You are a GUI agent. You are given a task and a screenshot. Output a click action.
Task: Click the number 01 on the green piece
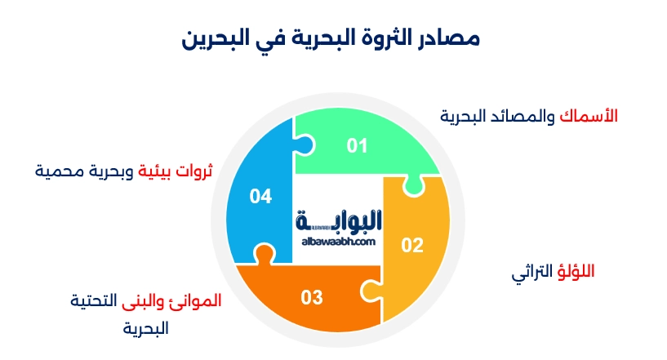357,146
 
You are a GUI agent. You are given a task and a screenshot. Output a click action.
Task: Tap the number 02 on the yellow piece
412,245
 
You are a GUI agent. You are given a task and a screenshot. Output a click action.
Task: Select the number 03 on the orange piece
312,297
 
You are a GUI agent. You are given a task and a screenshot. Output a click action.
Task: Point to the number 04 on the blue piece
260,197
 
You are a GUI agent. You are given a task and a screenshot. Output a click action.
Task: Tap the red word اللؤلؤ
576,271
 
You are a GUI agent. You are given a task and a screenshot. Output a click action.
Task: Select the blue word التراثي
531,272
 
